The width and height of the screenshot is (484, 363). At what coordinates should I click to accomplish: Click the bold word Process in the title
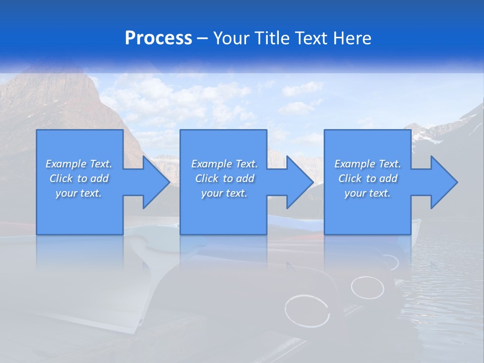click(x=158, y=38)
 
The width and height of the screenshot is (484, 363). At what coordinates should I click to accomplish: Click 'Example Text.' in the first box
click(x=79, y=164)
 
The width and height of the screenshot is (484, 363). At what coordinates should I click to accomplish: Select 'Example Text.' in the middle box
click(x=224, y=164)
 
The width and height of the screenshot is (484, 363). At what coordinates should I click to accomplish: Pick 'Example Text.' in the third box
click(x=368, y=164)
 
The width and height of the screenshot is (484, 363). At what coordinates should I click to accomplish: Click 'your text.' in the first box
click(x=79, y=193)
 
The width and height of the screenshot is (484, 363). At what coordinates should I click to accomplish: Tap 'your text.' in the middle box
click(x=224, y=193)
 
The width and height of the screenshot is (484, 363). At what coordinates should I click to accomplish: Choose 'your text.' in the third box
click(x=368, y=193)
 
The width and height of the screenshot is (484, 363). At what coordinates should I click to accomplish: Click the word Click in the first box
click(x=61, y=178)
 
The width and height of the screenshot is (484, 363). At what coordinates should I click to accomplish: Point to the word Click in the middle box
click(x=207, y=178)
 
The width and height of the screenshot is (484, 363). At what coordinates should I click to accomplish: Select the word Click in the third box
click(x=350, y=178)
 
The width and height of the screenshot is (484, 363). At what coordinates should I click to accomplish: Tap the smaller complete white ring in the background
click(x=367, y=287)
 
